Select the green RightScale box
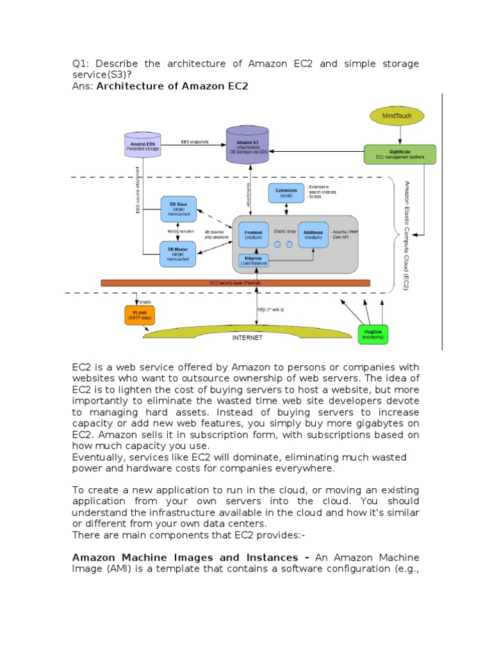click(x=400, y=154)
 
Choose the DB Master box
click(x=177, y=252)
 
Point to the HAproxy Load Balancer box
click(x=250, y=261)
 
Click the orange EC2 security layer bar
click(x=236, y=283)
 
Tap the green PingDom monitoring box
click(x=372, y=334)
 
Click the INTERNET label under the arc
click(x=247, y=339)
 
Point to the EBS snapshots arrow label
click(x=195, y=141)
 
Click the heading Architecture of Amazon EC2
click(x=172, y=86)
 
